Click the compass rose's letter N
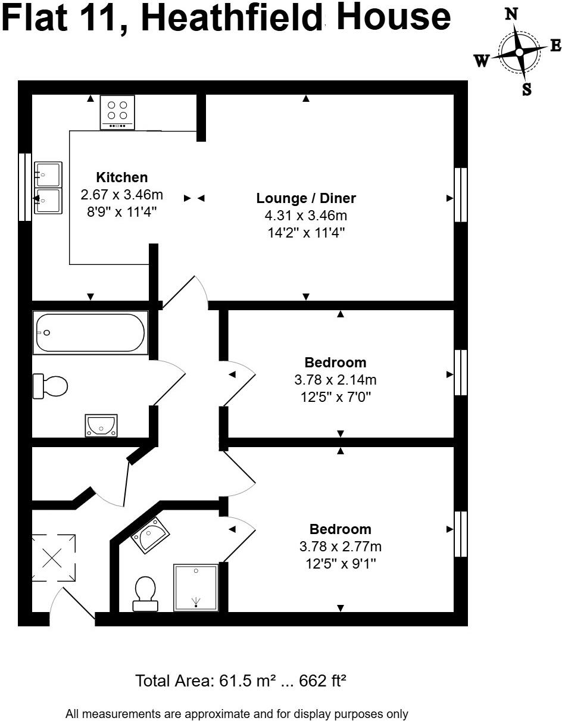pos(511,14)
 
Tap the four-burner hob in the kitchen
pos(117,112)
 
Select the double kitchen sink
pos(48,187)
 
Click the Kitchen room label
pos(121,177)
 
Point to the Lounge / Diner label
pos(306,198)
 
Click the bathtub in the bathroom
pos(90,333)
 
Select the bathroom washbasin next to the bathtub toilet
pos(101,425)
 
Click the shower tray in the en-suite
pos(195,587)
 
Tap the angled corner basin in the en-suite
pos(149,534)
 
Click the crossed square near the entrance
pos(53,558)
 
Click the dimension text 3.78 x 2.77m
pos(340,547)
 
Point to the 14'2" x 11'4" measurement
pos(306,232)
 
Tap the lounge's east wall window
pos(461,195)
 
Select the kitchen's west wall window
pos(25,187)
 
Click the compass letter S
pos(526,89)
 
